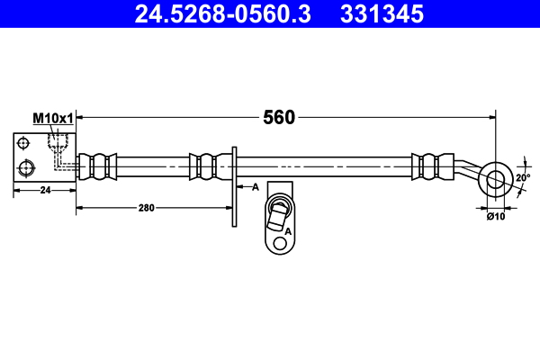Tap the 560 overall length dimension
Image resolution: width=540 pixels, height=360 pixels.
280,117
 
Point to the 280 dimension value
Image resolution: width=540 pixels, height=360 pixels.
147,207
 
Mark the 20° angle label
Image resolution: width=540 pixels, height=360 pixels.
523,178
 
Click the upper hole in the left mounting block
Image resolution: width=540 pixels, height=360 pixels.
25,142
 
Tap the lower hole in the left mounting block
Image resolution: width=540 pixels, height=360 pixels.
25,166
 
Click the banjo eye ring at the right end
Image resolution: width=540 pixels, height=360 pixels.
496,178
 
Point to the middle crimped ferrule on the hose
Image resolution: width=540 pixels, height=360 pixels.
204,166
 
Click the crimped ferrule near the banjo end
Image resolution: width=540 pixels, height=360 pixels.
430,166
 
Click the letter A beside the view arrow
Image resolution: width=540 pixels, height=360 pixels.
256,187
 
